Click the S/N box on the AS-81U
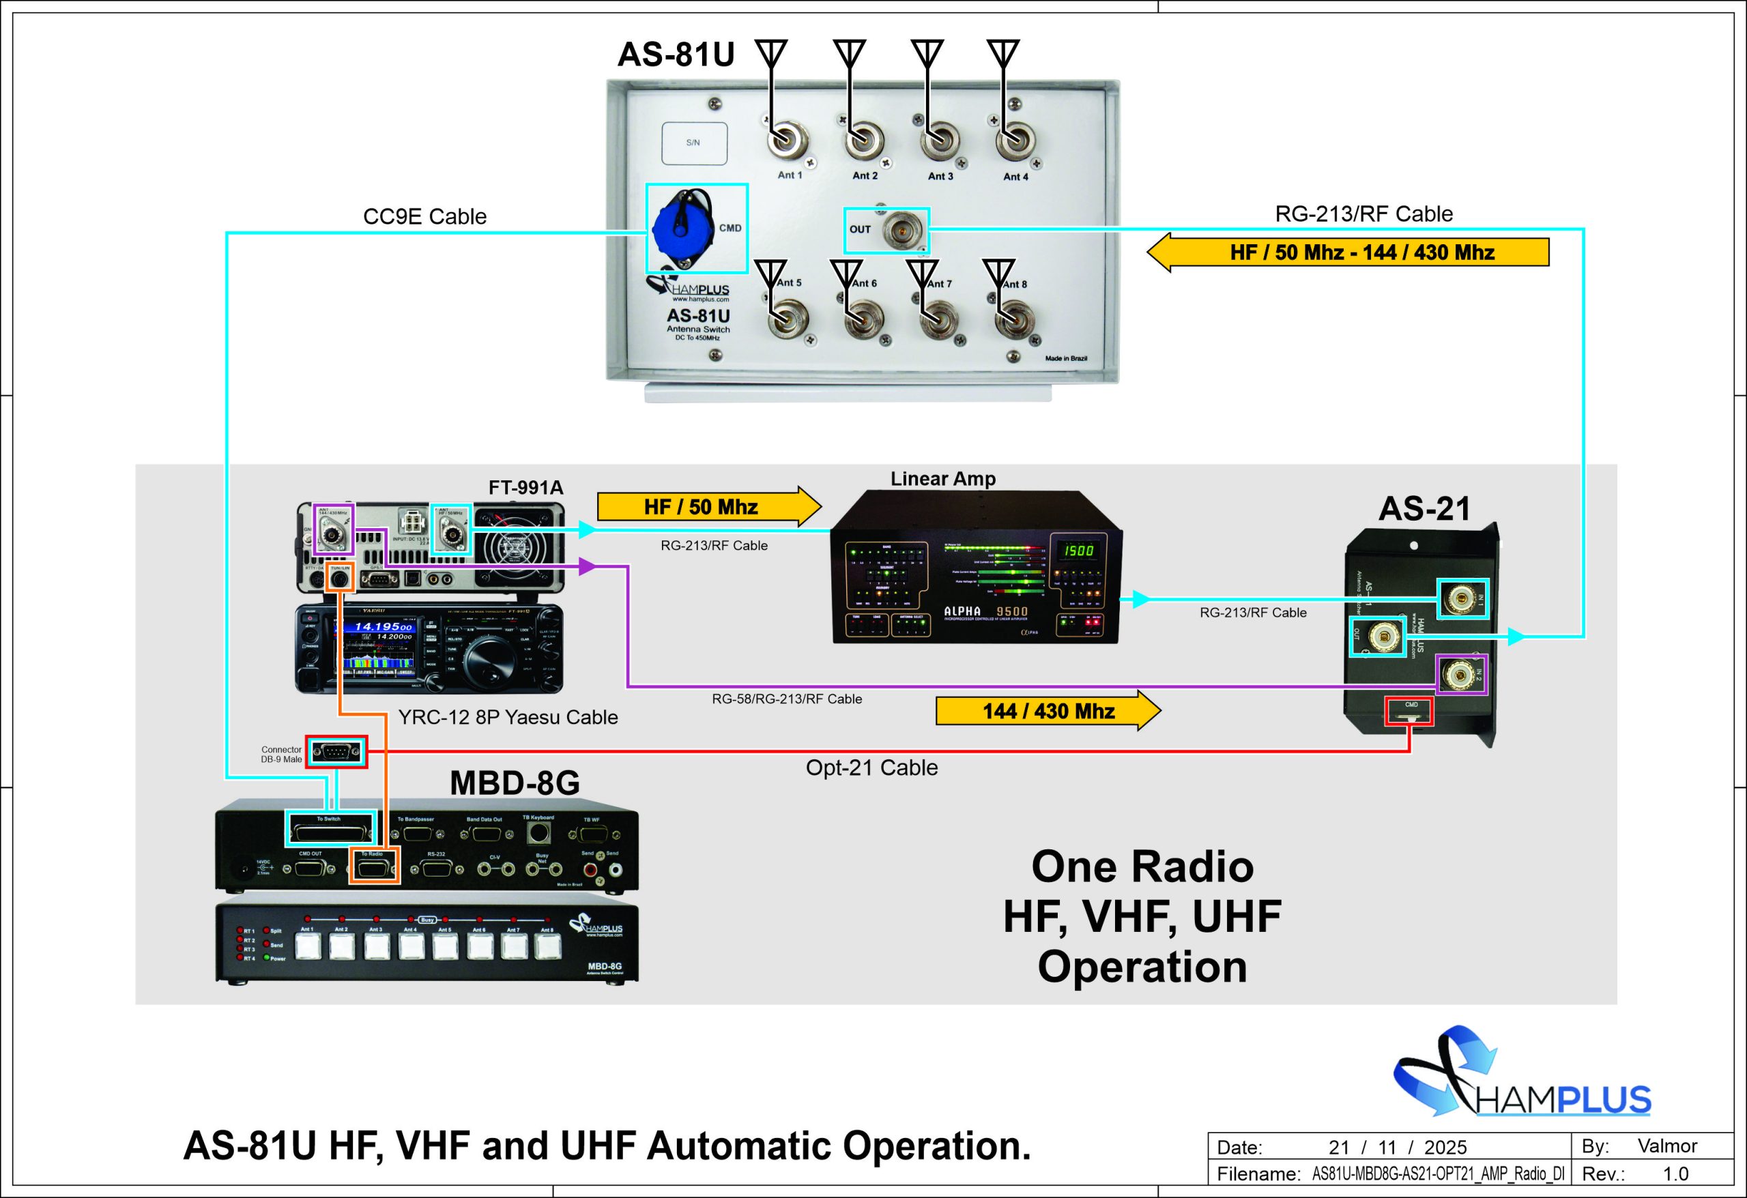coord(694,143)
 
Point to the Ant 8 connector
coord(1014,321)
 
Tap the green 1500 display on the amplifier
coord(1078,550)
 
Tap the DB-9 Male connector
coord(336,751)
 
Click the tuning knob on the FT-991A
coord(489,661)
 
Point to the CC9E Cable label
coord(424,216)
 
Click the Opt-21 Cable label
coord(871,768)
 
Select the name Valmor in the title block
coord(1667,1145)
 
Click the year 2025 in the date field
coord(1445,1147)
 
